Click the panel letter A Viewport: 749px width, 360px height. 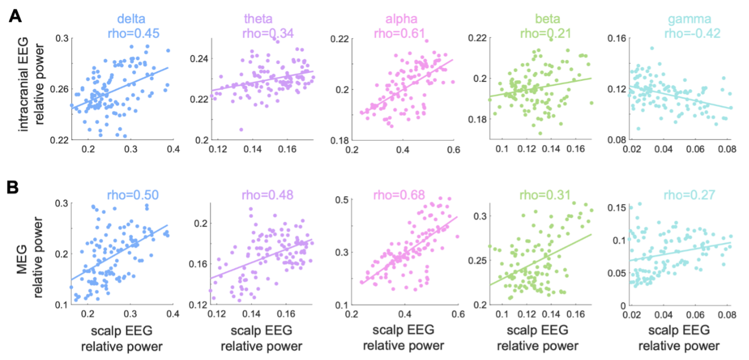pyautogui.click(x=16, y=17)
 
